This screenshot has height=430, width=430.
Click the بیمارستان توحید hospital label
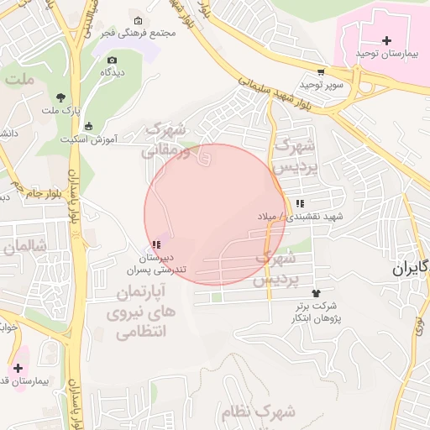click(386, 54)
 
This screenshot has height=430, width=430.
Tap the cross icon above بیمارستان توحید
click(386, 40)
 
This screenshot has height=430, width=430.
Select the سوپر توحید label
click(323, 85)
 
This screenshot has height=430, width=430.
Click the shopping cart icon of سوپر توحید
click(321, 72)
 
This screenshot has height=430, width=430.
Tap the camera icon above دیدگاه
click(113, 60)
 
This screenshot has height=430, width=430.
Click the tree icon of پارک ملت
click(60, 97)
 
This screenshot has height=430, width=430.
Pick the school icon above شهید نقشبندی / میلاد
click(300, 203)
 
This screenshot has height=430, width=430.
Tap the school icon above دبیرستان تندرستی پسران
click(157, 244)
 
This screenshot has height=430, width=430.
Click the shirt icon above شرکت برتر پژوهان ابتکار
click(316, 293)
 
